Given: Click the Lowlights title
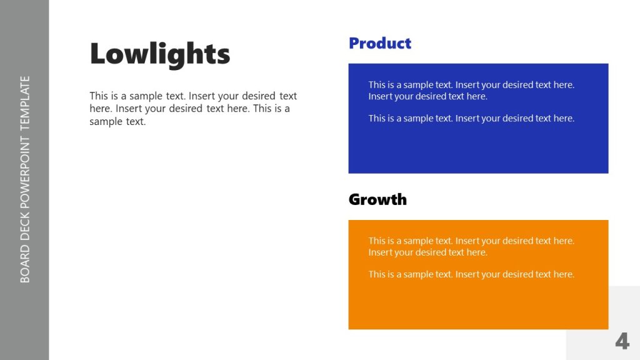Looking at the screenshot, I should [160, 54].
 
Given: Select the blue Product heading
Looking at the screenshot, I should [379, 43].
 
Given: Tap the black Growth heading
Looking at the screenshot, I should [377, 199].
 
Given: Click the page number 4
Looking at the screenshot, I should [621, 341].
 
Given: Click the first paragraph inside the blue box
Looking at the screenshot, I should [471, 91].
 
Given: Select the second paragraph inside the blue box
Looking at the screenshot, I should [471, 118].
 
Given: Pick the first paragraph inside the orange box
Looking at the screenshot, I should [471, 246].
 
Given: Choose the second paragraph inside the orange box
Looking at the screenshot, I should [471, 274].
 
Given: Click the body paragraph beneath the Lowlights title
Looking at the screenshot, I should [192, 109].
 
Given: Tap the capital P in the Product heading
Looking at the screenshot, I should [354, 43].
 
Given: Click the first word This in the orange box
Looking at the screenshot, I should [377, 241].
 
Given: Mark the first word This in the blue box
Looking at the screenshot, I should [377, 85].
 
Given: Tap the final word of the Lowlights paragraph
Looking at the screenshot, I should [135, 122].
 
